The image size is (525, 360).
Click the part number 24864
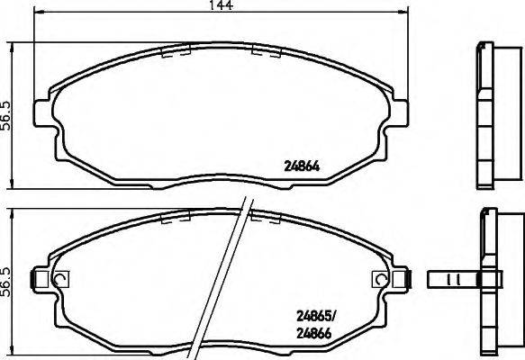pos(303,165)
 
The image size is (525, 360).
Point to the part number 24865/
pos(317,316)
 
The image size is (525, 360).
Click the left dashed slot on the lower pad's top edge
pos(173,217)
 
